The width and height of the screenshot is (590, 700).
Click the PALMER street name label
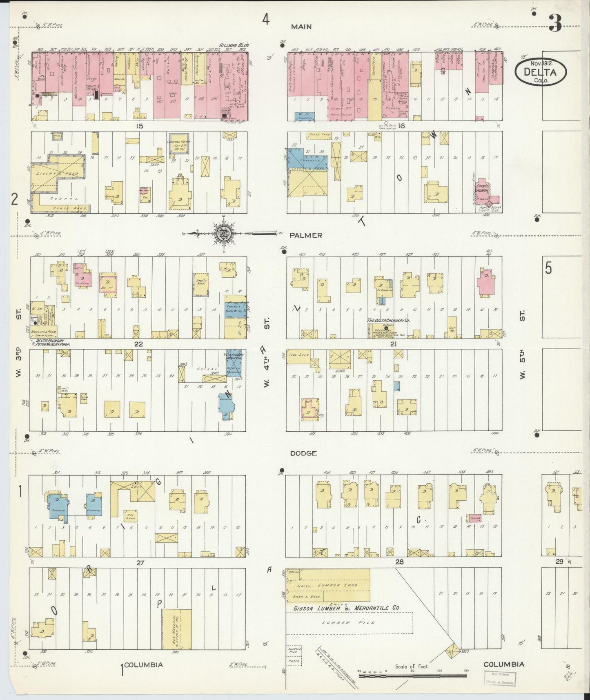click(307, 235)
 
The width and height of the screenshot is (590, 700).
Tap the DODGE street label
click(303, 453)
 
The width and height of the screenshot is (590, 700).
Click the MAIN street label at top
click(301, 27)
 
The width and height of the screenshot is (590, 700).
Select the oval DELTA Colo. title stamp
click(541, 72)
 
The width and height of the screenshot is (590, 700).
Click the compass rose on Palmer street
click(224, 234)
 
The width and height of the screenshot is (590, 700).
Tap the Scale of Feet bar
click(412, 671)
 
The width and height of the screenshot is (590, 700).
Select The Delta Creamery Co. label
click(388, 321)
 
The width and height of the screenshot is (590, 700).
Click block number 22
click(139, 344)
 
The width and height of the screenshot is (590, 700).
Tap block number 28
click(399, 562)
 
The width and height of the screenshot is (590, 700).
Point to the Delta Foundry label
click(49, 341)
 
